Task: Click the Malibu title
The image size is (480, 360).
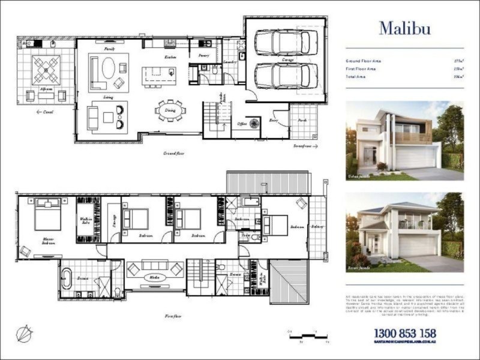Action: [x=404, y=28]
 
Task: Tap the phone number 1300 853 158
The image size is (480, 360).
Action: [x=404, y=334]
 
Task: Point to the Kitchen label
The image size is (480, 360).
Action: [x=170, y=57]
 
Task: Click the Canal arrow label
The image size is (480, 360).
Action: [x=45, y=112]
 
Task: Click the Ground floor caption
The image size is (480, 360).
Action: [x=173, y=154]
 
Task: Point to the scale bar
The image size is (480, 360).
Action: [x=309, y=337]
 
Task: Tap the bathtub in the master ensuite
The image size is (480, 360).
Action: [x=67, y=278]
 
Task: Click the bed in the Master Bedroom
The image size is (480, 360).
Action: [x=47, y=215]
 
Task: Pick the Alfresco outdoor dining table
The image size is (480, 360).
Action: [x=46, y=70]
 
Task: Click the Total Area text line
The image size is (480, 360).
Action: [x=360, y=77]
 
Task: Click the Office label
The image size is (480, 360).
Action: [x=242, y=124]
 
